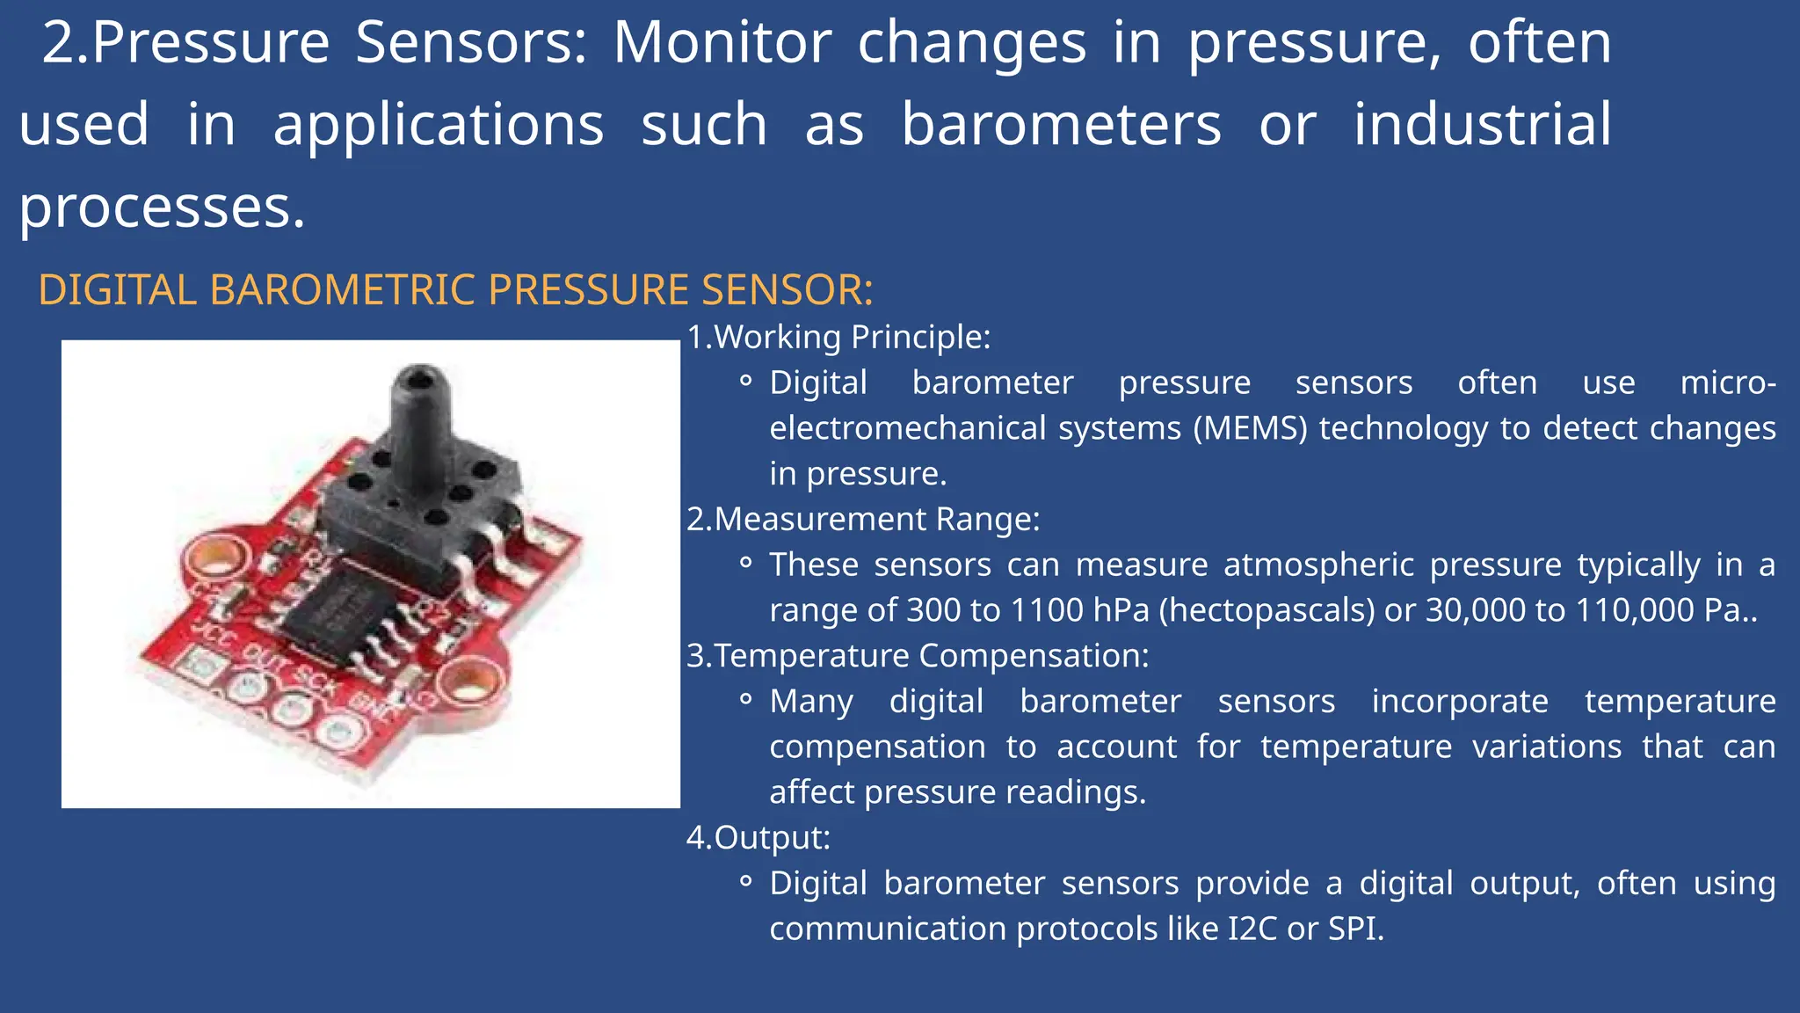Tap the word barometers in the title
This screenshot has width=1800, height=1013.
pyautogui.click(x=1062, y=124)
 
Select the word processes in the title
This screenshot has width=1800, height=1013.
pyautogui.click(x=162, y=207)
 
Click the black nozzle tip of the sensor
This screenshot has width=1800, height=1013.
pyautogui.click(x=420, y=381)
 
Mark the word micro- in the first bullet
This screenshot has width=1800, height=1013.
pyautogui.click(x=1727, y=383)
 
